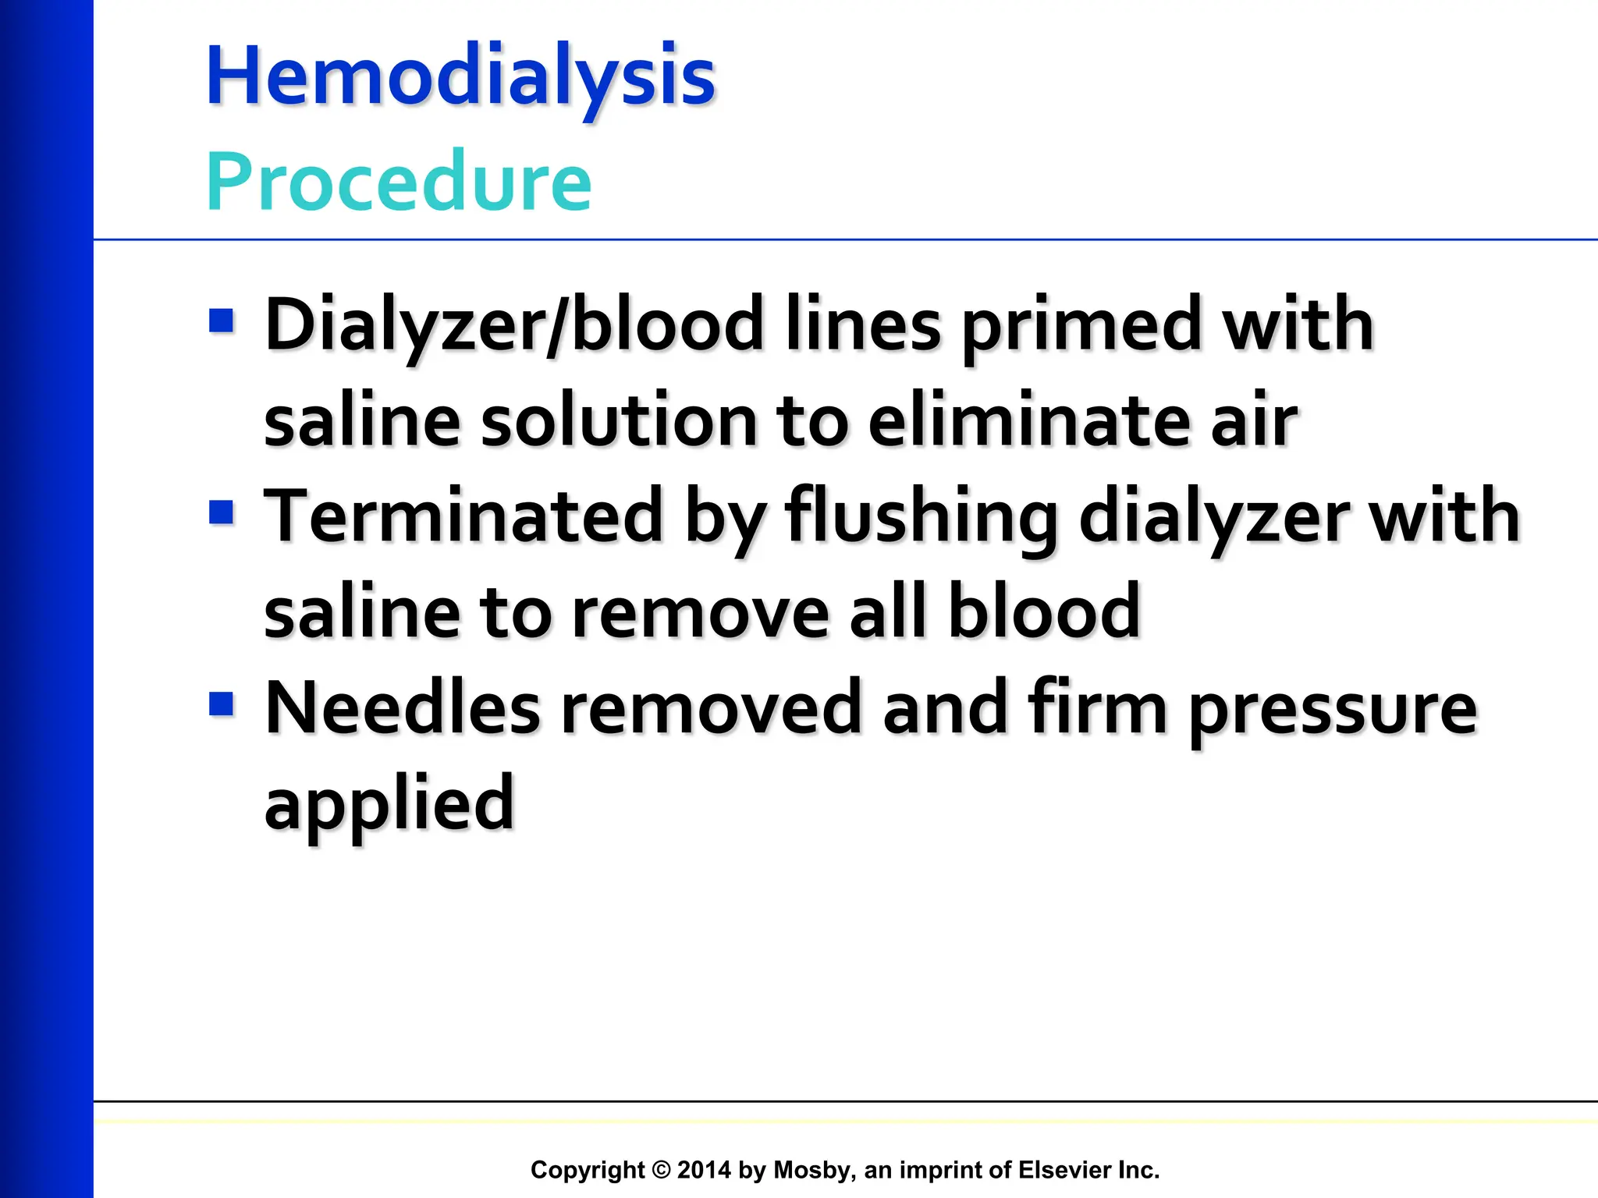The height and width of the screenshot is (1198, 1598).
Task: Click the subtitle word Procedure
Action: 399,182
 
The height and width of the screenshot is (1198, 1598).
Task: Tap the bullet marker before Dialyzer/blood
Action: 222,321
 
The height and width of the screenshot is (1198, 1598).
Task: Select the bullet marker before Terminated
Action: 222,512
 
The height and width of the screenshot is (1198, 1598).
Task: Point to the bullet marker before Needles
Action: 222,704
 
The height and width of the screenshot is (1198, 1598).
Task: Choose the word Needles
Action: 403,708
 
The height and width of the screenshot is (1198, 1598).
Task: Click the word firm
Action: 1096,708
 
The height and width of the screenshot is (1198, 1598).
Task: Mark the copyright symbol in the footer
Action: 661,1170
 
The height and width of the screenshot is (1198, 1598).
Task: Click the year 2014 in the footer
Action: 704,1170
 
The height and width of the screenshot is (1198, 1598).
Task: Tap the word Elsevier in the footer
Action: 1064,1170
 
